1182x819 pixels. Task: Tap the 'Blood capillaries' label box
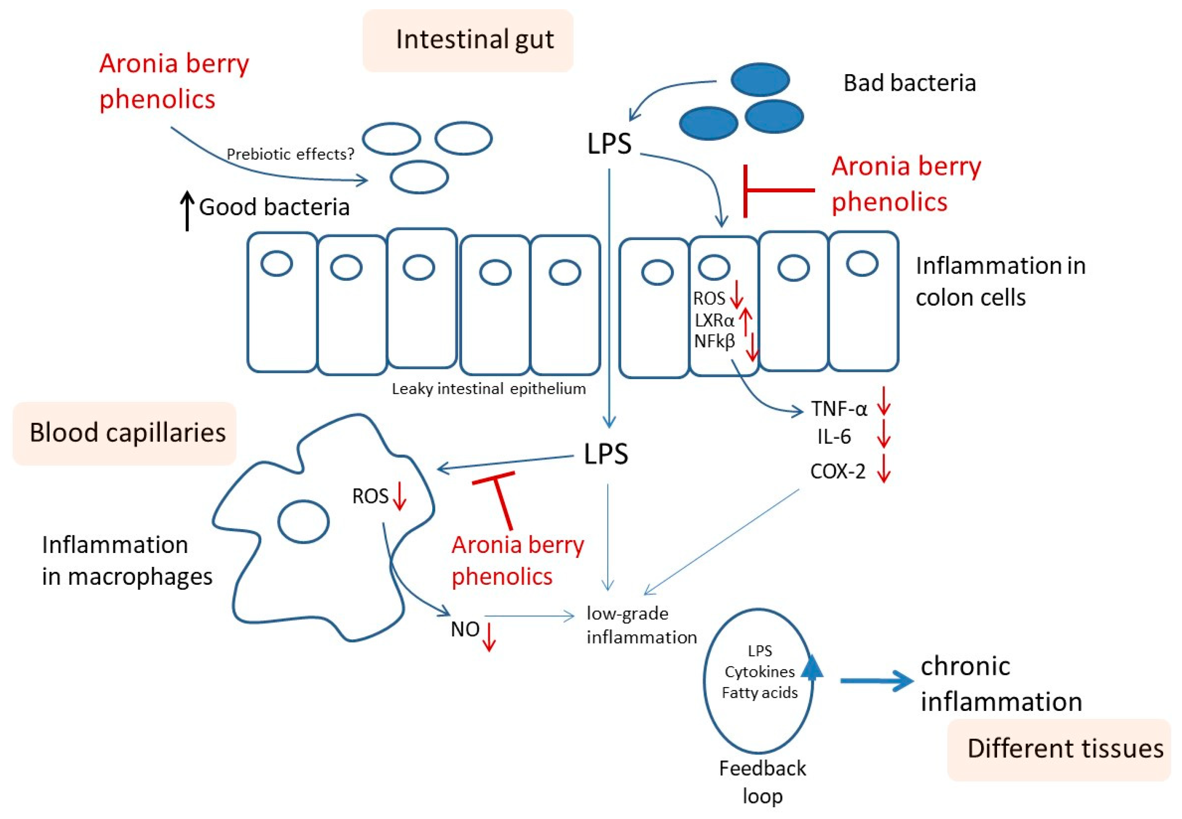(125, 433)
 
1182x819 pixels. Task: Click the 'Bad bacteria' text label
(909, 83)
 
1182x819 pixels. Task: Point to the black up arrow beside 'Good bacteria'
(187, 210)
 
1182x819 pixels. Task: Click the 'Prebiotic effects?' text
(290, 154)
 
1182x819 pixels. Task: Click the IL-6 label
(834, 437)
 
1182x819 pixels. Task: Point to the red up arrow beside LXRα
(746, 321)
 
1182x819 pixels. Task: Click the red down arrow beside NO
(489, 636)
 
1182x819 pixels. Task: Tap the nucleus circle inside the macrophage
(303, 522)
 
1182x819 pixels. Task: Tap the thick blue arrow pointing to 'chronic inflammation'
(876, 681)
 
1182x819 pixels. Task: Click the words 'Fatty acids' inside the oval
(759, 693)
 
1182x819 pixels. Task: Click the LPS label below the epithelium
(606, 454)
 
